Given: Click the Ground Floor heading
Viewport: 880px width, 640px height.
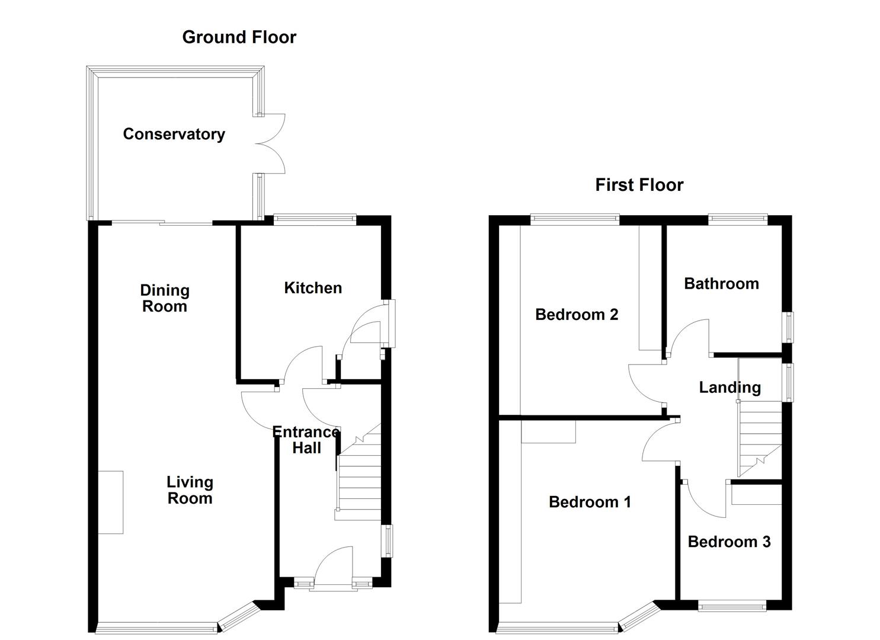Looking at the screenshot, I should [239, 37].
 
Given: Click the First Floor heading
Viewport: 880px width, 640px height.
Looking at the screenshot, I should [639, 185].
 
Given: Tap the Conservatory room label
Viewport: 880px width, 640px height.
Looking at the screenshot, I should [174, 135].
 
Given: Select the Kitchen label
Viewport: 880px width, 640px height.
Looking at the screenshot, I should [313, 288].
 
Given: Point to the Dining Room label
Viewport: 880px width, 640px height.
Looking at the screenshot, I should [165, 298].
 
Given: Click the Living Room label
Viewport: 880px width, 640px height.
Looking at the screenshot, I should [190, 490].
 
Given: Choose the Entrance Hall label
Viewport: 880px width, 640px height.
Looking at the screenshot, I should [306, 440].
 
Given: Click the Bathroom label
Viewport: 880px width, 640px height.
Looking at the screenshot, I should [721, 284].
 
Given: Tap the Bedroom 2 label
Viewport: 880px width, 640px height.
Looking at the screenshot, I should [577, 315].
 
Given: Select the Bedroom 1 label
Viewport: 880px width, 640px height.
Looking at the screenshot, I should [590, 503].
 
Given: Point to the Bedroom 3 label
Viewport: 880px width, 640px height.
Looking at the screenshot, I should [729, 542].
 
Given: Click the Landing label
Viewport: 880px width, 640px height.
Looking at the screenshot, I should [729, 388].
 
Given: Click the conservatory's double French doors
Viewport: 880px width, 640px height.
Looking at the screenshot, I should [271, 143].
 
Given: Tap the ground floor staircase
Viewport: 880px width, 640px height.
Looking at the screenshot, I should [359, 480].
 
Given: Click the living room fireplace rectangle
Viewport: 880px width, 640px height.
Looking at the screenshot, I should [111, 502].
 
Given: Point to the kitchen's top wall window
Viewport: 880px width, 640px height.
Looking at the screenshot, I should [314, 219].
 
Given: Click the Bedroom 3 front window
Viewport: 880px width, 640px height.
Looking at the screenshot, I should [732, 605].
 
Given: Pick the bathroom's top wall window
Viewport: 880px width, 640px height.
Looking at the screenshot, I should [738, 219].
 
